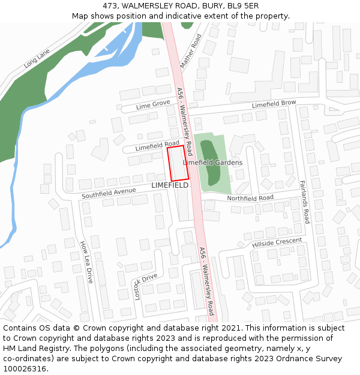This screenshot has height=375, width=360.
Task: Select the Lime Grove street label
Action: pos(153,105)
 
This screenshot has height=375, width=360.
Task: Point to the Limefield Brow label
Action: pos(274,104)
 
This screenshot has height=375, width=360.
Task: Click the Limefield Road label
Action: pos(157,145)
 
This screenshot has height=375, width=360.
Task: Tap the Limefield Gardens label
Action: pos(212,163)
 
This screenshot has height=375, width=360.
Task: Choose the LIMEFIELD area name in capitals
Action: pos(170,185)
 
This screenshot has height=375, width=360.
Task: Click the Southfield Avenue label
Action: pos(109,193)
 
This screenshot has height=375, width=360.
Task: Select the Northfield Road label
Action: pos(250,198)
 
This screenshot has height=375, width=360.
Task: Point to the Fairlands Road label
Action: pos(304,202)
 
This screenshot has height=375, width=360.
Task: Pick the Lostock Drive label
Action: pos(145,283)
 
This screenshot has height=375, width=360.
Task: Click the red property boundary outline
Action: pos(178,163)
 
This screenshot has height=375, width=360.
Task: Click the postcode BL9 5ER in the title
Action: pos(242,5)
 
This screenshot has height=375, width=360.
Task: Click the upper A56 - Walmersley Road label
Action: pos(184,121)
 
